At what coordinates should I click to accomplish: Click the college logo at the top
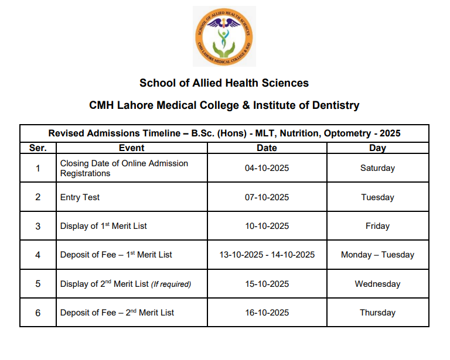224,36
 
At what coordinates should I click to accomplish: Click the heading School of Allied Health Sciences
224,83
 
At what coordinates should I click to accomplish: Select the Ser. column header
37,148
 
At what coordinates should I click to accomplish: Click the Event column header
131,148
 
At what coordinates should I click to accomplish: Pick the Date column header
267,148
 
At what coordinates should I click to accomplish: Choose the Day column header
377,148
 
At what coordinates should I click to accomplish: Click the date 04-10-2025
267,169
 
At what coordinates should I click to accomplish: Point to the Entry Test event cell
80,197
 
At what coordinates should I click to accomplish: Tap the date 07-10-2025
267,197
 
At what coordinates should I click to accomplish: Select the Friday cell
377,226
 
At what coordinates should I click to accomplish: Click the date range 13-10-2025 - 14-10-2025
267,255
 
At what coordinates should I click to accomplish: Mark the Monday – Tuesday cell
377,255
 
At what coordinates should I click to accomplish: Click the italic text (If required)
171,284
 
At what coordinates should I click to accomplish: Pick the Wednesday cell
377,284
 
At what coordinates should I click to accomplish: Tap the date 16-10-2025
267,313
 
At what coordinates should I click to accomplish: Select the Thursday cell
377,313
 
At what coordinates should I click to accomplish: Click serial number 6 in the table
37,313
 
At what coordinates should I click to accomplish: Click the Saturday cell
377,169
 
